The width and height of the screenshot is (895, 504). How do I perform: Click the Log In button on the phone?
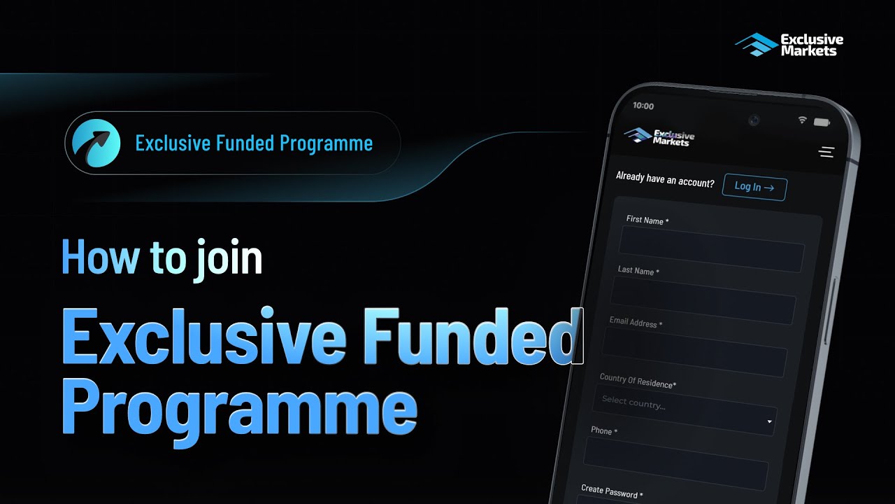[x=754, y=187]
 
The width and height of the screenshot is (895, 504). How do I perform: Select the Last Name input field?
[x=703, y=299]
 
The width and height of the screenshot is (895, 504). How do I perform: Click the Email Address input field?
[x=695, y=351]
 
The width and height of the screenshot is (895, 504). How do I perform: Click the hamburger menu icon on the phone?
[x=826, y=152]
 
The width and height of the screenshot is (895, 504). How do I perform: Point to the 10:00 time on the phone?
[x=643, y=106]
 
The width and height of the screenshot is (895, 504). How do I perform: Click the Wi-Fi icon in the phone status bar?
[x=802, y=120]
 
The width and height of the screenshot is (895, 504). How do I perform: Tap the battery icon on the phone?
[x=822, y=122]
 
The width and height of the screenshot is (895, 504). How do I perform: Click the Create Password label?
[x=610, y=491]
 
